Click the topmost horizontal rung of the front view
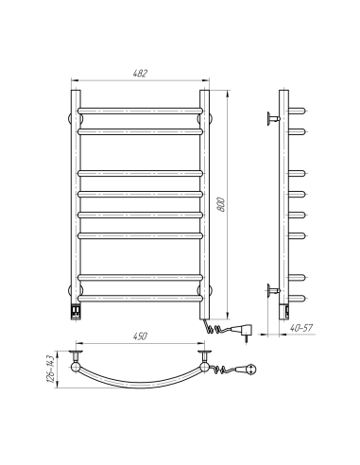[140, 112]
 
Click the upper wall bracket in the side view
[273, 118]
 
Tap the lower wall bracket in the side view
[273, 288]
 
